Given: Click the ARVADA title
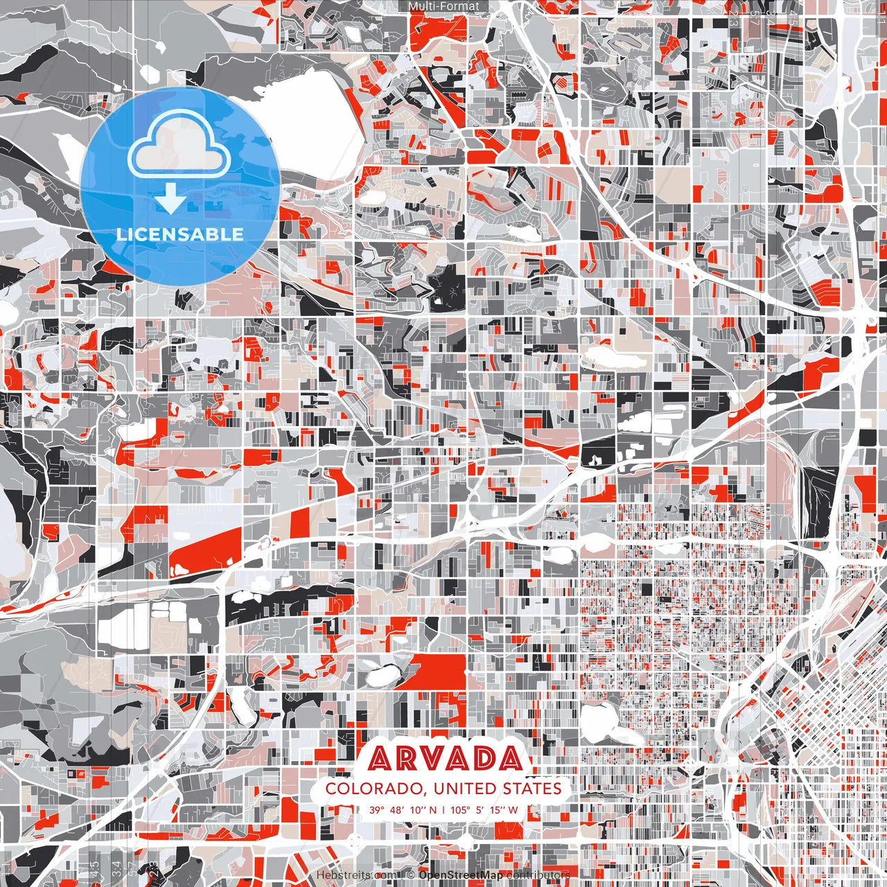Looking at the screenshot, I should pyautogui.click(x=445, y=759).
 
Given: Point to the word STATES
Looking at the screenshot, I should pyautogui.click(x=532, y=789).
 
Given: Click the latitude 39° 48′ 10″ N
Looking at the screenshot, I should pyautogui.click(x=403, y=809).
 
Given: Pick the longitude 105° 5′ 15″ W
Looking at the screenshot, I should pyautogui.click(x=484, y=809).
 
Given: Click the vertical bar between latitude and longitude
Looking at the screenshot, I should pyautogui.click(x=443, y=809).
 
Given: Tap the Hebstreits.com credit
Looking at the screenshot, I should pyautogui.click(x=357, y=875).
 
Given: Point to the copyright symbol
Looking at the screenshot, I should pyautogui.click(x=410, y=875).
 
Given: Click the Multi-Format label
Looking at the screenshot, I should pyautogui.click(x=443, y=6).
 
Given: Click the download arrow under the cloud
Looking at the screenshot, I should pyautogui.click(x=170, y=200).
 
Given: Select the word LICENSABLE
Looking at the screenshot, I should pyautogui.click(x=180, y=234).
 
